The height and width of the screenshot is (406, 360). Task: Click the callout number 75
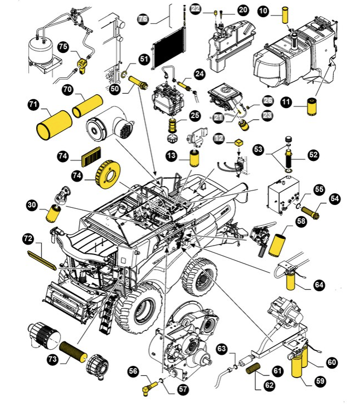[x=63, y=47]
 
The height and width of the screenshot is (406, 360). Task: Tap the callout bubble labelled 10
[x=263, y=12]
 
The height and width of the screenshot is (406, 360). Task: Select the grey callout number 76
[x=143, y=18]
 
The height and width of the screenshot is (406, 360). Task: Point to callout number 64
[x=319, y=285]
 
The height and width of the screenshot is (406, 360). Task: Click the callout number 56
[x=133, y=371]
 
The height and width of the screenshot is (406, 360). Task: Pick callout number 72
[x=28, y=238]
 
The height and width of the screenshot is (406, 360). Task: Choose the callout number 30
[x=32, y=205]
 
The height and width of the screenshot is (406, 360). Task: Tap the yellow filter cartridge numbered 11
[x=312, y=106]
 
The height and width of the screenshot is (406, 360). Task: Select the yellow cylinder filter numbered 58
[x=277, y=245]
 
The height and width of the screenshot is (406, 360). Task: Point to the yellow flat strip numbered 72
[x=42, y=260]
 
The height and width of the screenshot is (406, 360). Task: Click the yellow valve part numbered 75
[x=82, y=66]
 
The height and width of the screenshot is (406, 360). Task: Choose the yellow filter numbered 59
[x=297, y=368]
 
